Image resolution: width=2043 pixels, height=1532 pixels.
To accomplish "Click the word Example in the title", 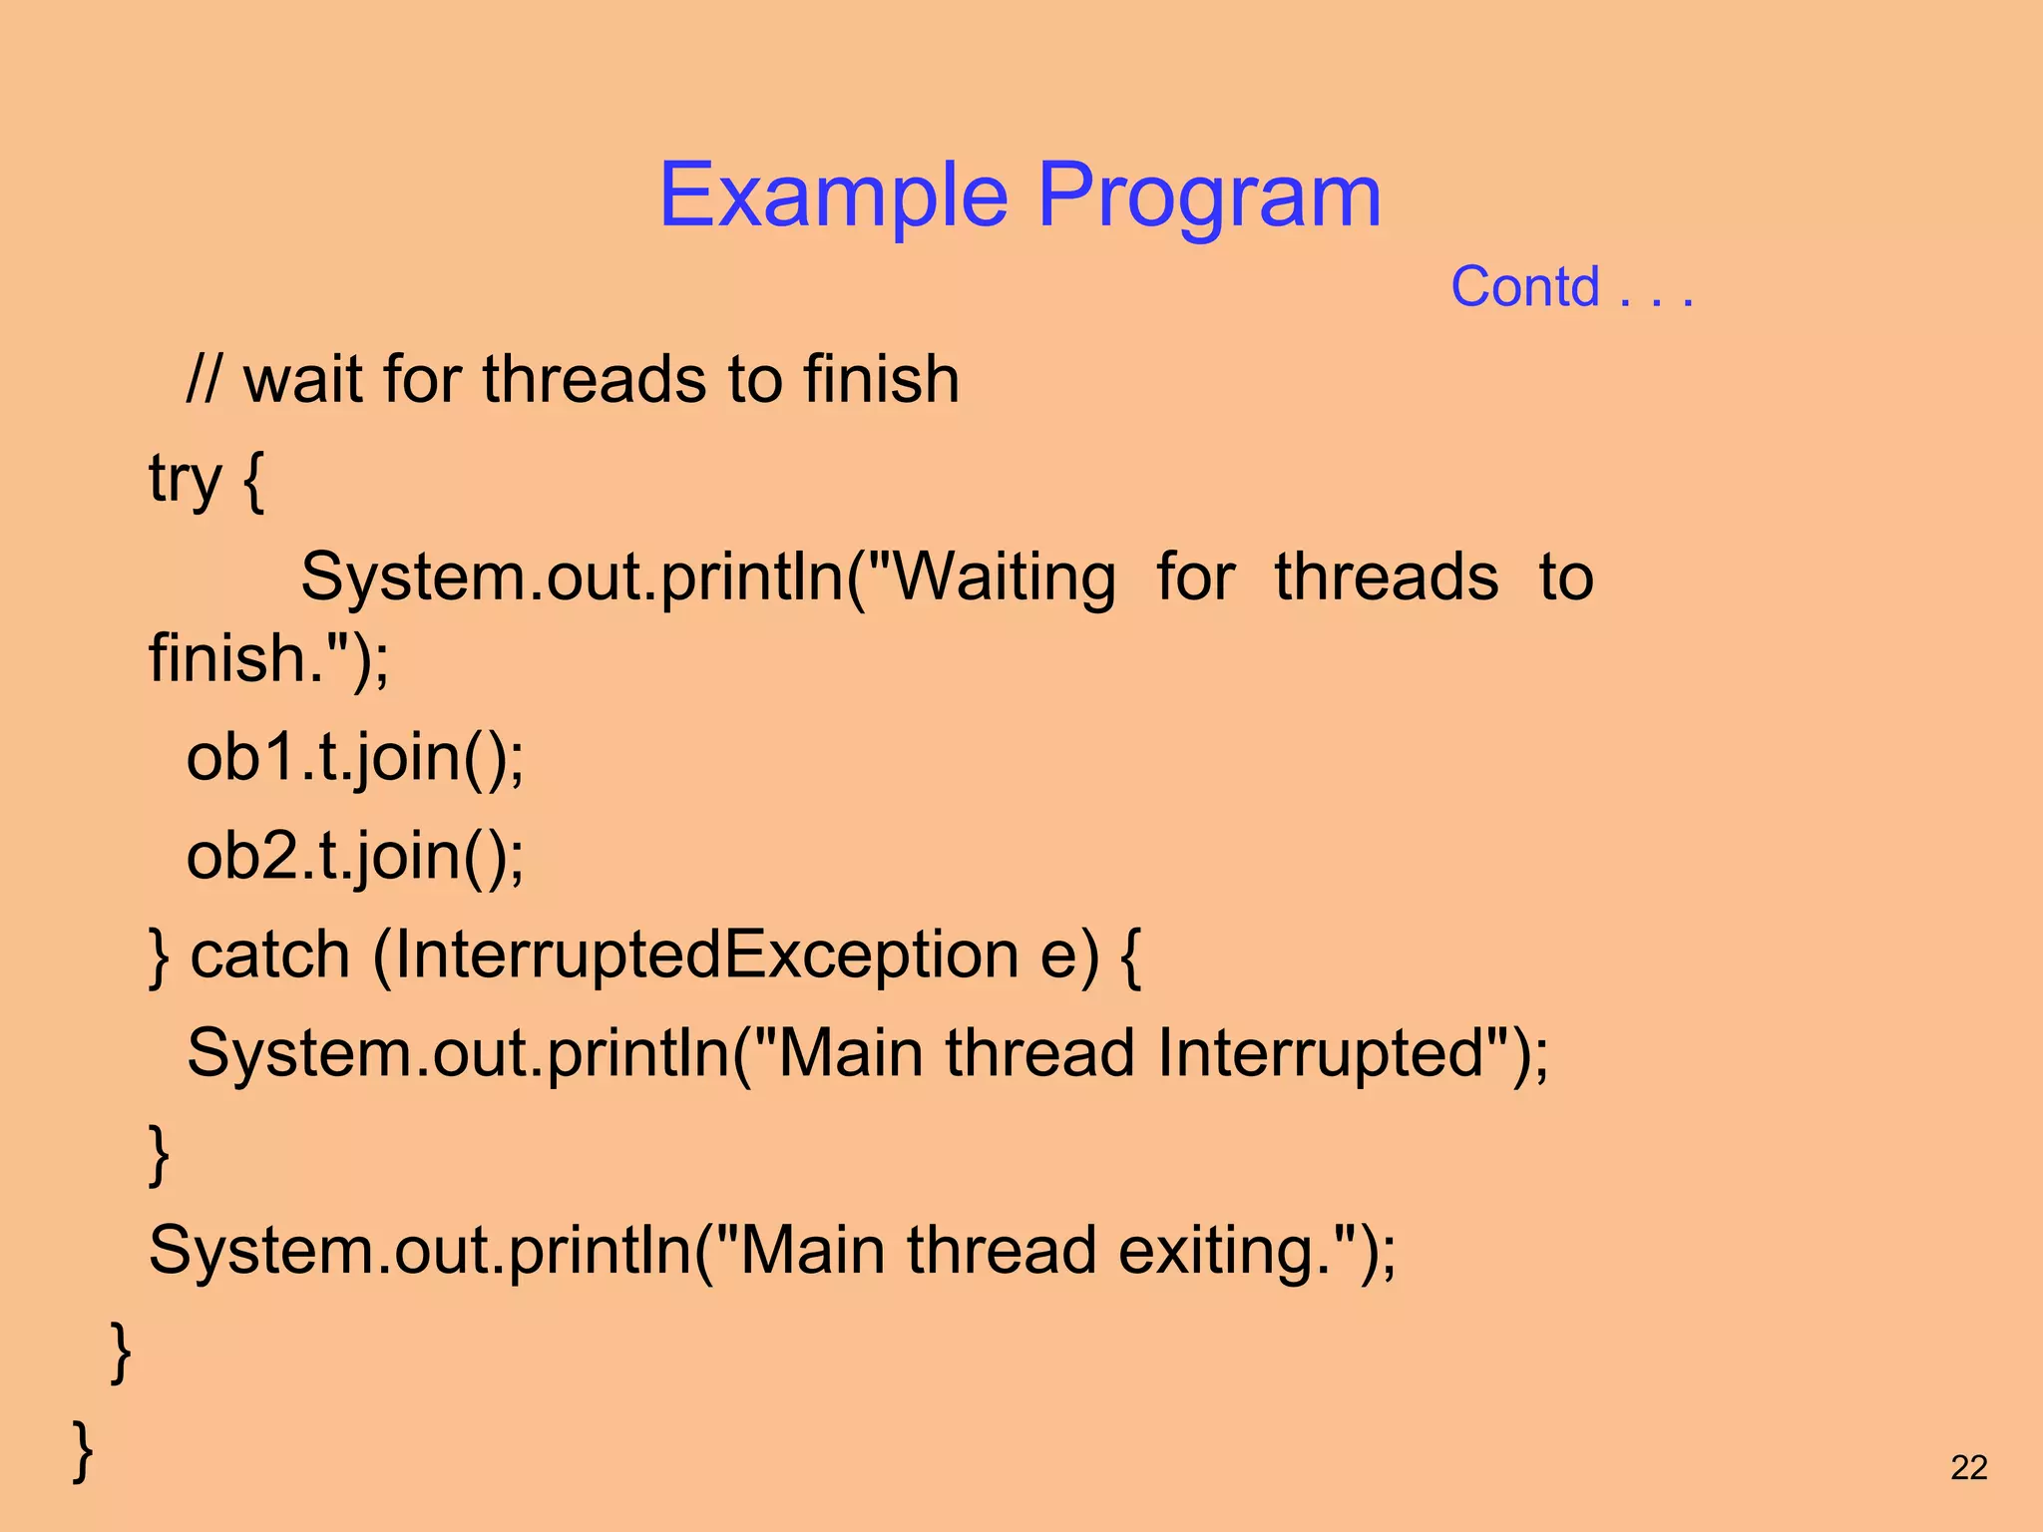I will tap(834, 195).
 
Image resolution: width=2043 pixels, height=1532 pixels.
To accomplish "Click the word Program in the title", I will tap(1209, 195).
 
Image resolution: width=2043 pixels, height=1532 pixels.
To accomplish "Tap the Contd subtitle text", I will tap(1524, 287).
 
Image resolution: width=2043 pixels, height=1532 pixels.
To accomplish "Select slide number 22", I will tap(1968, 1467).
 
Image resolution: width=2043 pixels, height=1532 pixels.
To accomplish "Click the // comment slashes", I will tap(204, 380).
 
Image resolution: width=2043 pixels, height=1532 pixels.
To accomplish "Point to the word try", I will tap(185, 479).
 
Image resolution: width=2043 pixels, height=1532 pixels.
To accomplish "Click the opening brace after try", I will tap(253, 479).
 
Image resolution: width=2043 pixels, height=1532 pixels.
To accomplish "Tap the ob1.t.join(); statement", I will tap(354, 757).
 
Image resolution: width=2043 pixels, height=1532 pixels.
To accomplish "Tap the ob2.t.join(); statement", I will tap(354, 856).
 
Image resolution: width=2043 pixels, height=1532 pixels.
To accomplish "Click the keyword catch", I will tap(270, 955).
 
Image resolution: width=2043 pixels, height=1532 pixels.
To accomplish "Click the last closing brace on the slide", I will tap(84, 1449).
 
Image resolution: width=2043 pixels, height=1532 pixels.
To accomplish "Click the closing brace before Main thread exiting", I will tap(159, 1153).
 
